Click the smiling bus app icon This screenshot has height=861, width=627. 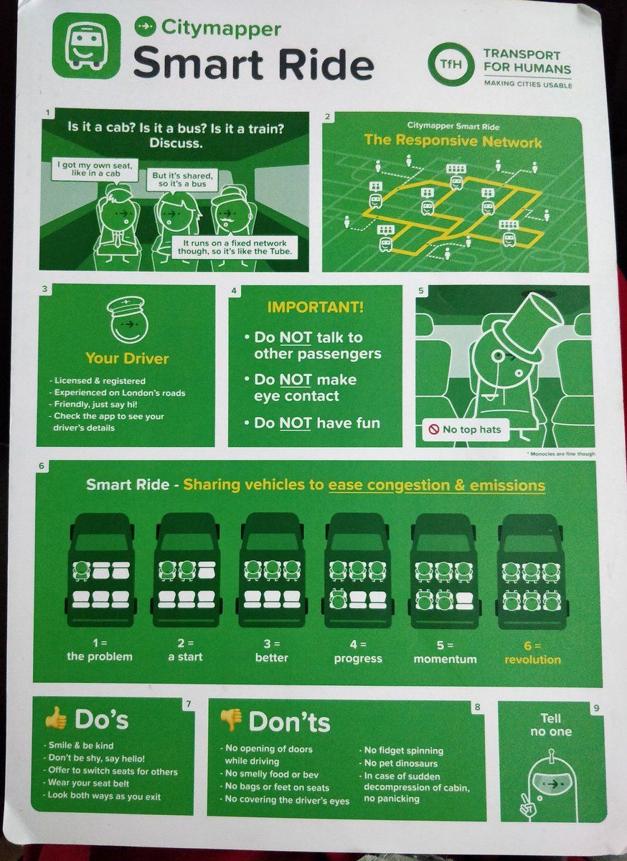pyautogui.click(x=87, y=45)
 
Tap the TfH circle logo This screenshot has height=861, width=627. pyautogui.click(x=451, y=64)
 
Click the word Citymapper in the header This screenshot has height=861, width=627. pyautogui.click(x=221, y=28)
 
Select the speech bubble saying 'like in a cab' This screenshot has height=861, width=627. pyautogui.click(x=95, y=169)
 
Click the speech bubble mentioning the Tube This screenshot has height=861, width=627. pyautogui.click(x=235, y=247)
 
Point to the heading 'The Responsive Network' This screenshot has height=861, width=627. pyautogui.click(x=453, y=141)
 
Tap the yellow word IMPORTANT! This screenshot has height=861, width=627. pyautogui.click(x=316, y=307)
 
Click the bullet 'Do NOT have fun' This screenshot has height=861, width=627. pyautogui.click(x=312, y=423)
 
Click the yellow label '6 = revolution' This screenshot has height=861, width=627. pyautogui.click(x=532, y=653)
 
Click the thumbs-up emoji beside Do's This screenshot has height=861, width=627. pyautogui.click(x=56, y=717)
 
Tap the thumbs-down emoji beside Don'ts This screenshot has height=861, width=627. pyautogui.click(x=231, y=720)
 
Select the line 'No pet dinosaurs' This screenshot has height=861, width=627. pyautogui.click(x=400, y=763)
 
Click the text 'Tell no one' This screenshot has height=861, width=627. pyautogui.click(x=551, y=725)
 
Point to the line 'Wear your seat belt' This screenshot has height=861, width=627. pyautogui.click(x=88, y=783)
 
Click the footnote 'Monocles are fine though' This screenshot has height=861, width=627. pyautogui.click(x=562, y=454)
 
